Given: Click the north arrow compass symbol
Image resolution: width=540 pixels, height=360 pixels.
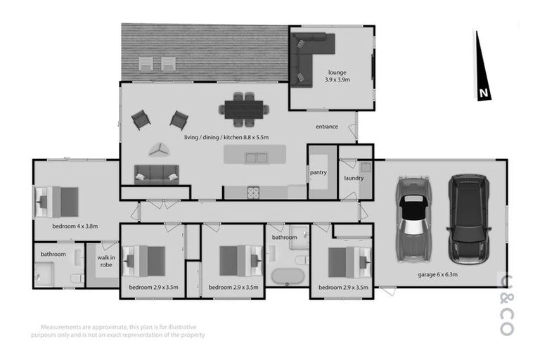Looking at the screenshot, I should [x=482, y=67].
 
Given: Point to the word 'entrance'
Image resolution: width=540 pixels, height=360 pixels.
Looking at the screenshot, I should [x=327, y=127].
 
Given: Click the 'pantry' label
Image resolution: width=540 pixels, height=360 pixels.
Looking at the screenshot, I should [x=318, y=172].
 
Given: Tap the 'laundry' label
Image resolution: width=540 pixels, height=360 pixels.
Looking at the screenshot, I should [x=354, y=178].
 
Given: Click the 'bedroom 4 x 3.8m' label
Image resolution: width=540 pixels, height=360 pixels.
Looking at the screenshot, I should [x=75, y=226].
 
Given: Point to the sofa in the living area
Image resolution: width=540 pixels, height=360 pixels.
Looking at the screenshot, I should [x=156, y=174].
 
